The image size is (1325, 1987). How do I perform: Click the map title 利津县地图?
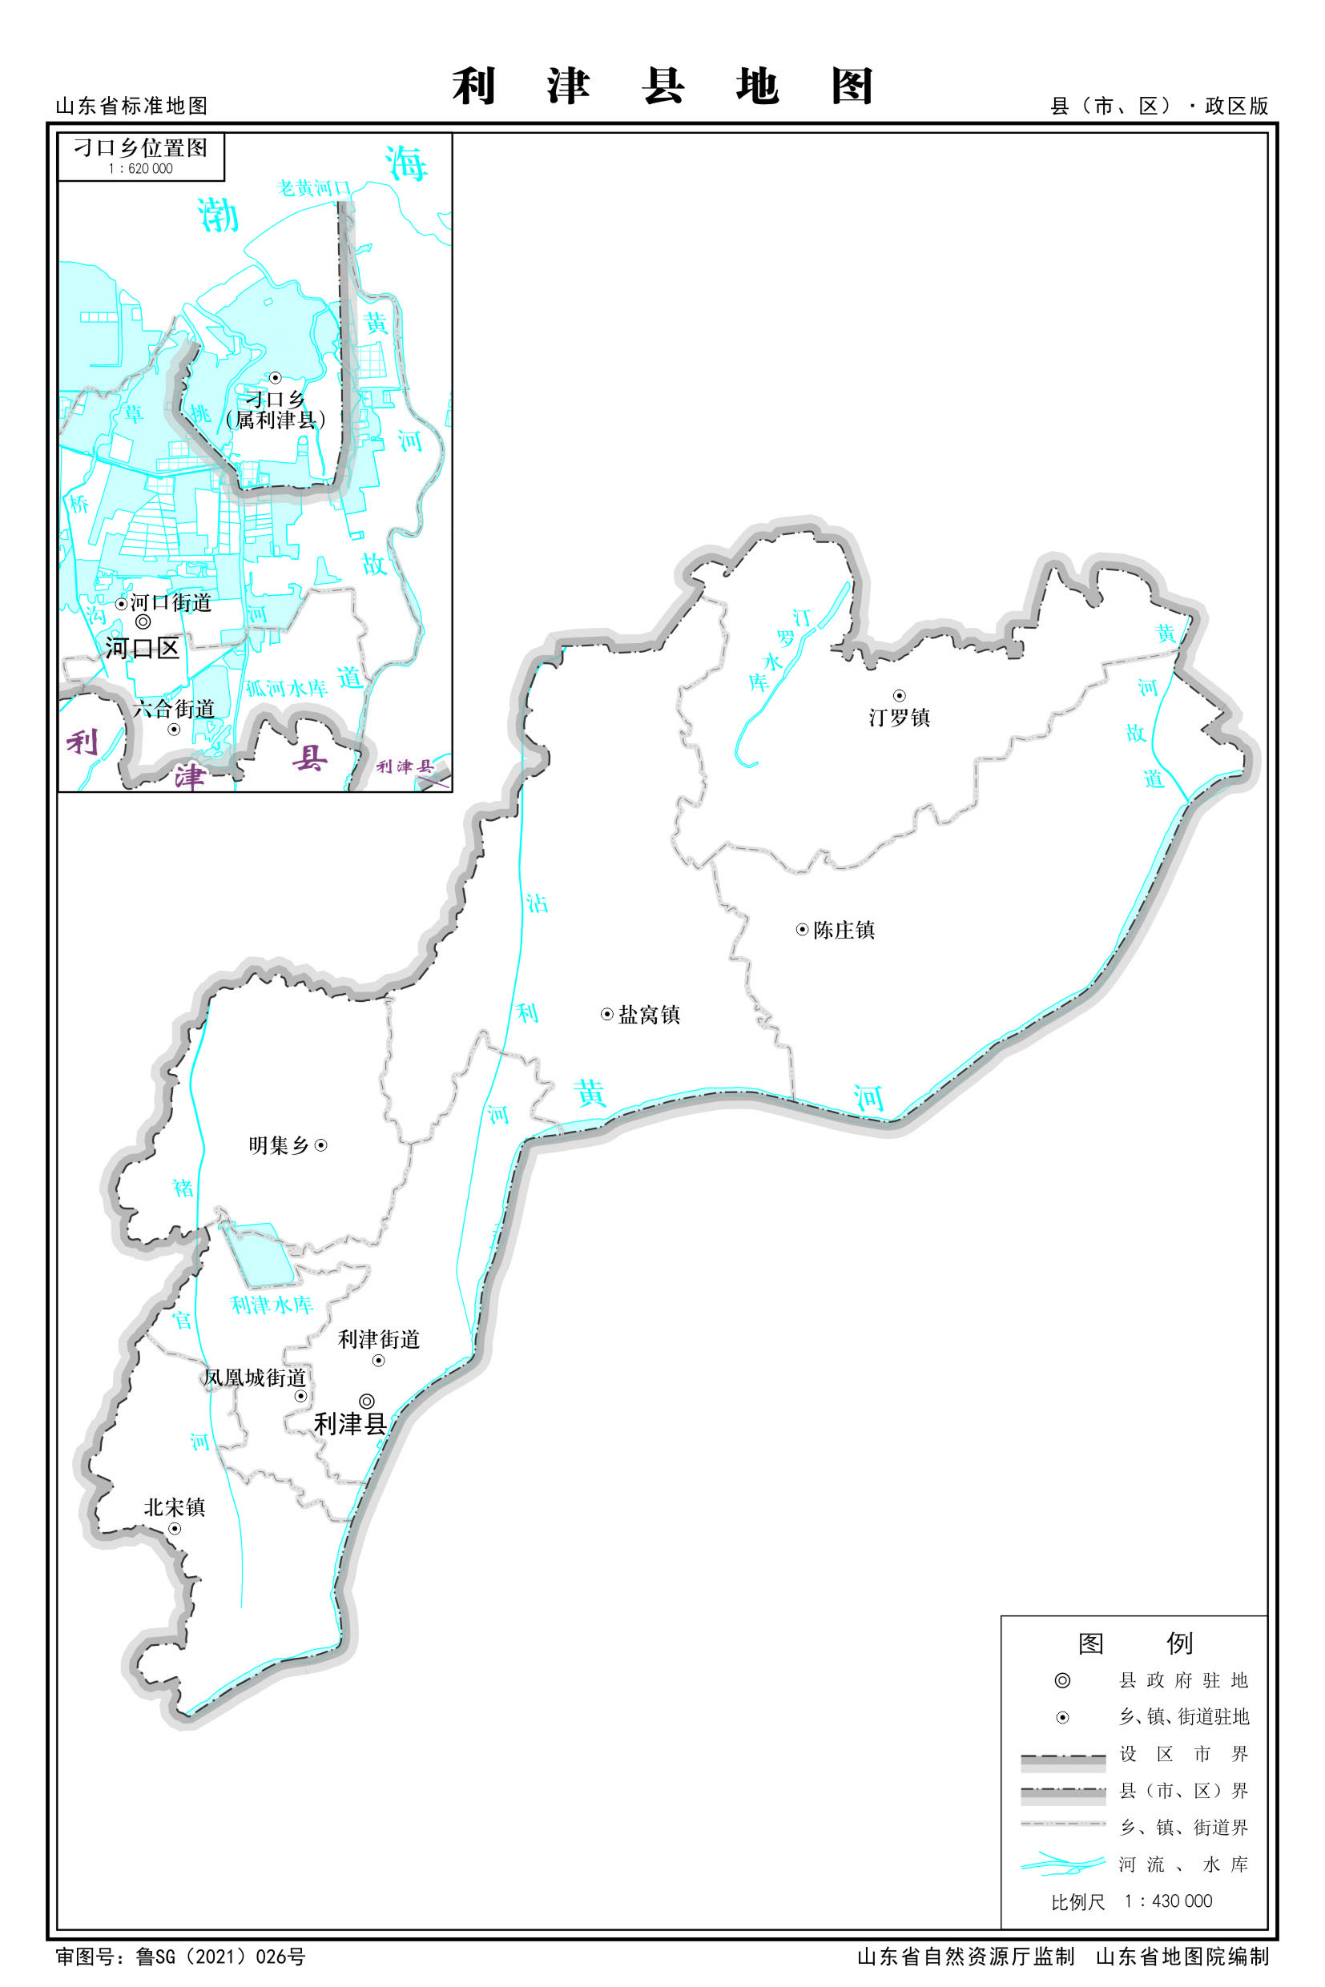(662, 86)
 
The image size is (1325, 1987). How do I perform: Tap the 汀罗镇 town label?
(899, 718)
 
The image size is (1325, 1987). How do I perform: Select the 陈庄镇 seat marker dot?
(802, 929)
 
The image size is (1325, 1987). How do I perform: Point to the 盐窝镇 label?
(649, 1014)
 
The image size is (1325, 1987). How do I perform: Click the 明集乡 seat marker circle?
(321, 1144)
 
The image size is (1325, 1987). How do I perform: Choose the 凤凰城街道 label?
(253, 1377)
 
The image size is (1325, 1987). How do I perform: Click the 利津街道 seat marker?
(379, 1360)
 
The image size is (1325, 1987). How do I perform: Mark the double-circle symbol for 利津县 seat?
(367, 1401)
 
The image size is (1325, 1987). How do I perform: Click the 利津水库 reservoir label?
(272, 1305)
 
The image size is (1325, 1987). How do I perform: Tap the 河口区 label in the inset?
(142, 648)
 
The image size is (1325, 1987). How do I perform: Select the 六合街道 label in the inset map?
(174, 708)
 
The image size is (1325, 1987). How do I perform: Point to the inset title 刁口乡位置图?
(140, 148)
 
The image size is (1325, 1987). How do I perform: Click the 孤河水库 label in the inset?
(287, 689)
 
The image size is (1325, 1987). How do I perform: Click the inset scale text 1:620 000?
(140, 169)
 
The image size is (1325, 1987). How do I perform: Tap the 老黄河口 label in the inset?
(312, 187)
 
